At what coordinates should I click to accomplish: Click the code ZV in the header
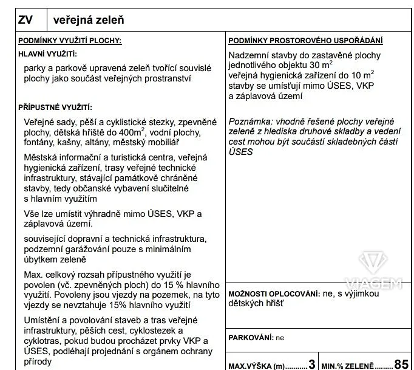click(25, 21)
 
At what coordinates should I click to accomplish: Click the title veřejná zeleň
click(89, 21)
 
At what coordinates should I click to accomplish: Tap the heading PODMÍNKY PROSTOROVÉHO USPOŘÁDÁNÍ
click(305, 41)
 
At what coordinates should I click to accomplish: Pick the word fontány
click(41, 142)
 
